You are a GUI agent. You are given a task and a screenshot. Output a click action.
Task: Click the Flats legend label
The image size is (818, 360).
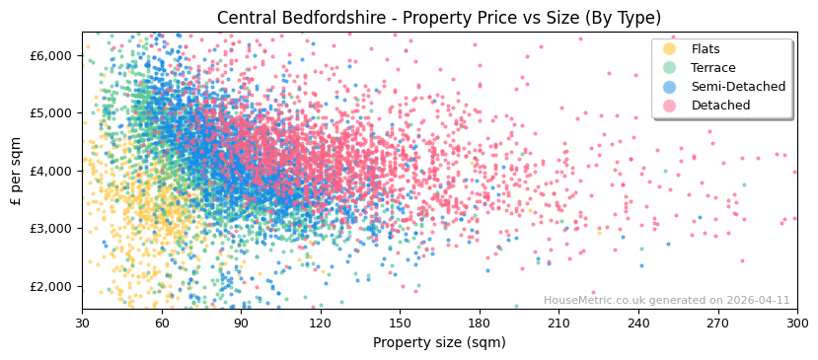[x=706, y=49]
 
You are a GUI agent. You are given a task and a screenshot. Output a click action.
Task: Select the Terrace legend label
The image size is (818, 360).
[x=713, y=68]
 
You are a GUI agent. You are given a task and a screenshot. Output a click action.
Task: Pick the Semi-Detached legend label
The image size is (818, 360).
[x=738, y=87]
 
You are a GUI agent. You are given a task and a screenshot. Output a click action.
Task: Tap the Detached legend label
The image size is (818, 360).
[x=720, y=106]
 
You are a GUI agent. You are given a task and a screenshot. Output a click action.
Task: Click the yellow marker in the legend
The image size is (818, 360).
[x=669, y=49]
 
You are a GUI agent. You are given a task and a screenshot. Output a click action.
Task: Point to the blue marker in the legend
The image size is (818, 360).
[x=669, y=87]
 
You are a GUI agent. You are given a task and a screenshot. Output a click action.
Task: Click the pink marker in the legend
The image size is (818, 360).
[x=669, y=106]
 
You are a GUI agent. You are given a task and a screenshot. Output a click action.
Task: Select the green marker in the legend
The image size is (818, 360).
[x=669, y=68]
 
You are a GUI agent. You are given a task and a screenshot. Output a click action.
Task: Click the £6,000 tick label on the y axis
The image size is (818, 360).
[x=52, y=55]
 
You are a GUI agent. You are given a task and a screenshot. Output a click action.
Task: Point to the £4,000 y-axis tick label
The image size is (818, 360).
[x=52, y=171]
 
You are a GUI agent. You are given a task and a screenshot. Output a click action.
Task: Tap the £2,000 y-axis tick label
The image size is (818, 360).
[x=52, y=286]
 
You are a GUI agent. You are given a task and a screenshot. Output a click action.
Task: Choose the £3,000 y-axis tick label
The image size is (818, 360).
[x=52, y=229]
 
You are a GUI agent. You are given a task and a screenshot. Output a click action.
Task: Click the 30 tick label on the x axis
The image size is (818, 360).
[x=82, y=324]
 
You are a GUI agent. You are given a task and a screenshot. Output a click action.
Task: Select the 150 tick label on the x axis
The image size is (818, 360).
[x=400, y=324]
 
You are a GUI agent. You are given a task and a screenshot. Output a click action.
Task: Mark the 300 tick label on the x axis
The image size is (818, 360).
[x=796, y=324]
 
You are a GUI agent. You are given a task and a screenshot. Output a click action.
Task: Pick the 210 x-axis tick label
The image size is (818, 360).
[x=558, y=324]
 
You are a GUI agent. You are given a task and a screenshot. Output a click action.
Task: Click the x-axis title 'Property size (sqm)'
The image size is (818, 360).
[x=439, y=342]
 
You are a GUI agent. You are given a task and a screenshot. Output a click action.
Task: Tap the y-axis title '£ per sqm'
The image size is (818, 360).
[x=17, y=171]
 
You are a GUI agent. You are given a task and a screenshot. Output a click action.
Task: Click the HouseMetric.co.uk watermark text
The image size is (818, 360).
[x=666, y=301]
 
